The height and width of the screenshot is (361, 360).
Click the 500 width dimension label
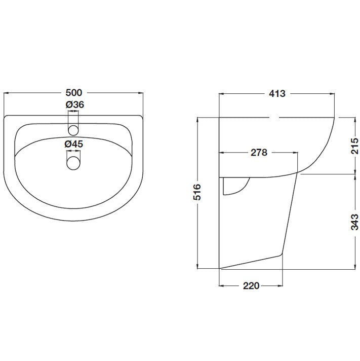point(74,93)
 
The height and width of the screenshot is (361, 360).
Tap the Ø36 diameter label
point(74,105)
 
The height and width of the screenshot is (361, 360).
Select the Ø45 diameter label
point(74,144)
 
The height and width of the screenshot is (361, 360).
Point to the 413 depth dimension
point(277,93)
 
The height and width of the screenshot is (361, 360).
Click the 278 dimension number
point(258,153)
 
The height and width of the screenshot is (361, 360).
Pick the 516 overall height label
point(198,192)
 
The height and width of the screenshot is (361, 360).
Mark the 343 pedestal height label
point(354,221)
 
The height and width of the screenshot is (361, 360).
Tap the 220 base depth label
point(251,286)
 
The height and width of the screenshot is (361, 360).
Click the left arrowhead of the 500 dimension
point(6,93)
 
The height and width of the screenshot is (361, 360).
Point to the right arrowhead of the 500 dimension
point(142,93)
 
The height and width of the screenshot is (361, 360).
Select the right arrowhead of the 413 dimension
point(333,93)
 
